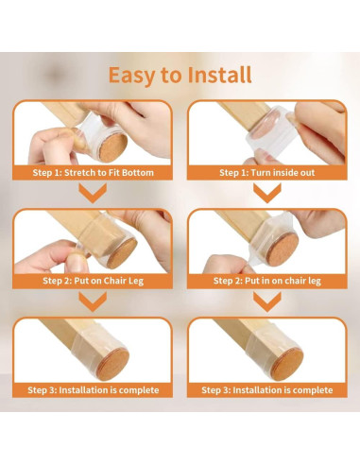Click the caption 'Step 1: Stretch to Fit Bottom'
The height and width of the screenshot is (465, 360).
[x=93, y=173]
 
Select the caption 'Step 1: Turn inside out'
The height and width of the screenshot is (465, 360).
[x=266, y=173]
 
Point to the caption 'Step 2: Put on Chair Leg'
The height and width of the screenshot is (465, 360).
[x=93, y=281]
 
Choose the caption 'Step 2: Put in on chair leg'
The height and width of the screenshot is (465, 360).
[x=266, y=281]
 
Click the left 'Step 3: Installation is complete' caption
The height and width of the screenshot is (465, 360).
[x=93, y=389]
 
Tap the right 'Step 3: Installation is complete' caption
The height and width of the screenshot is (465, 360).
[x=266, y=389]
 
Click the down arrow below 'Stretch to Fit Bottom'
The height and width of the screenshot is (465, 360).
[x=93, y=194]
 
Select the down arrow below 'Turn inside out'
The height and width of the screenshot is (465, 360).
[x=267, y=194]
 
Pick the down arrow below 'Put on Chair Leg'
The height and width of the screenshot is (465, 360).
[x=93, y=302]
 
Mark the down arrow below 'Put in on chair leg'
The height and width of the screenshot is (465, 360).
[x=267, y=302]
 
